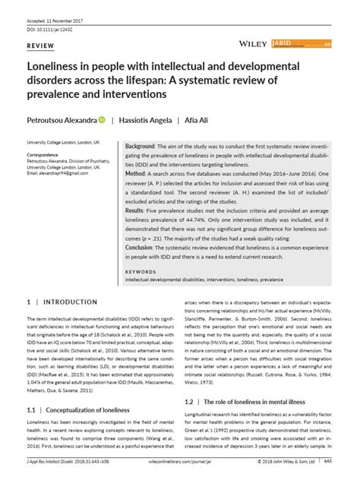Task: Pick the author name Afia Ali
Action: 198,121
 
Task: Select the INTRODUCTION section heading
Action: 65,302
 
